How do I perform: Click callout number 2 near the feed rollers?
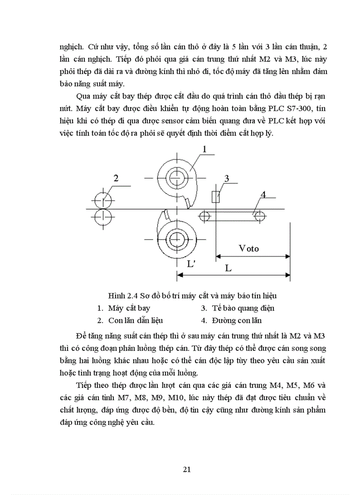click(x=116, y=178)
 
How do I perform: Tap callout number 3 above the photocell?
click(x=226, y=178)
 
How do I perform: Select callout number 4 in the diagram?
click(x=263, y=194)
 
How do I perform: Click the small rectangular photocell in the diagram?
click(x=216, y=197)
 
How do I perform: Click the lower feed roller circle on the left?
click(x=102, y=216)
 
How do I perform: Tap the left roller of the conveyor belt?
click(x=204, y=216)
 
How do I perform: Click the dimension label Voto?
click(x=249, y=248)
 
